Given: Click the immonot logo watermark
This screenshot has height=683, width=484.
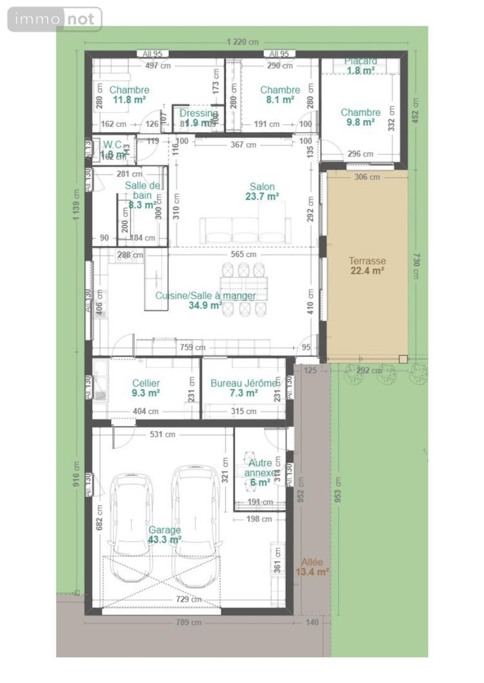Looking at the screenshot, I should point(55,19).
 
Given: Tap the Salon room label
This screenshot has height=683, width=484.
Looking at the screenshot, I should point(262,192).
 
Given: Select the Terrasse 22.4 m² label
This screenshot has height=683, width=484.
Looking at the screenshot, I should point(367,266).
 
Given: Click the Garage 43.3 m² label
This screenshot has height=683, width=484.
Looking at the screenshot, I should point(165,535).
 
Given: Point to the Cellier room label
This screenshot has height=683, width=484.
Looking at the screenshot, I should point(146,387).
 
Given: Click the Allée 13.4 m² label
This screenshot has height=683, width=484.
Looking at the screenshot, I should point(312,566).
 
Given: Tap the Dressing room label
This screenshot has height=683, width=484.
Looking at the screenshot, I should point(198,118).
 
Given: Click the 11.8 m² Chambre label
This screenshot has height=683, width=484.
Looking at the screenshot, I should point(129,95).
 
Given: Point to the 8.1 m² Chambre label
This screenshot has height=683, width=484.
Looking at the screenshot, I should point(280,95).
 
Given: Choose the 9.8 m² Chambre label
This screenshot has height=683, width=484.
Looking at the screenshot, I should point(361,117).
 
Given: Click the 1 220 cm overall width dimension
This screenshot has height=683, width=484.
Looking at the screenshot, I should point(243,42).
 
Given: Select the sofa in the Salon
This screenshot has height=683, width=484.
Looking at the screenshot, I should point(245,229).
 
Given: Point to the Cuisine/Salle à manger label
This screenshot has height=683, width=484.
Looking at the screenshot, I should point(205,300).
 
